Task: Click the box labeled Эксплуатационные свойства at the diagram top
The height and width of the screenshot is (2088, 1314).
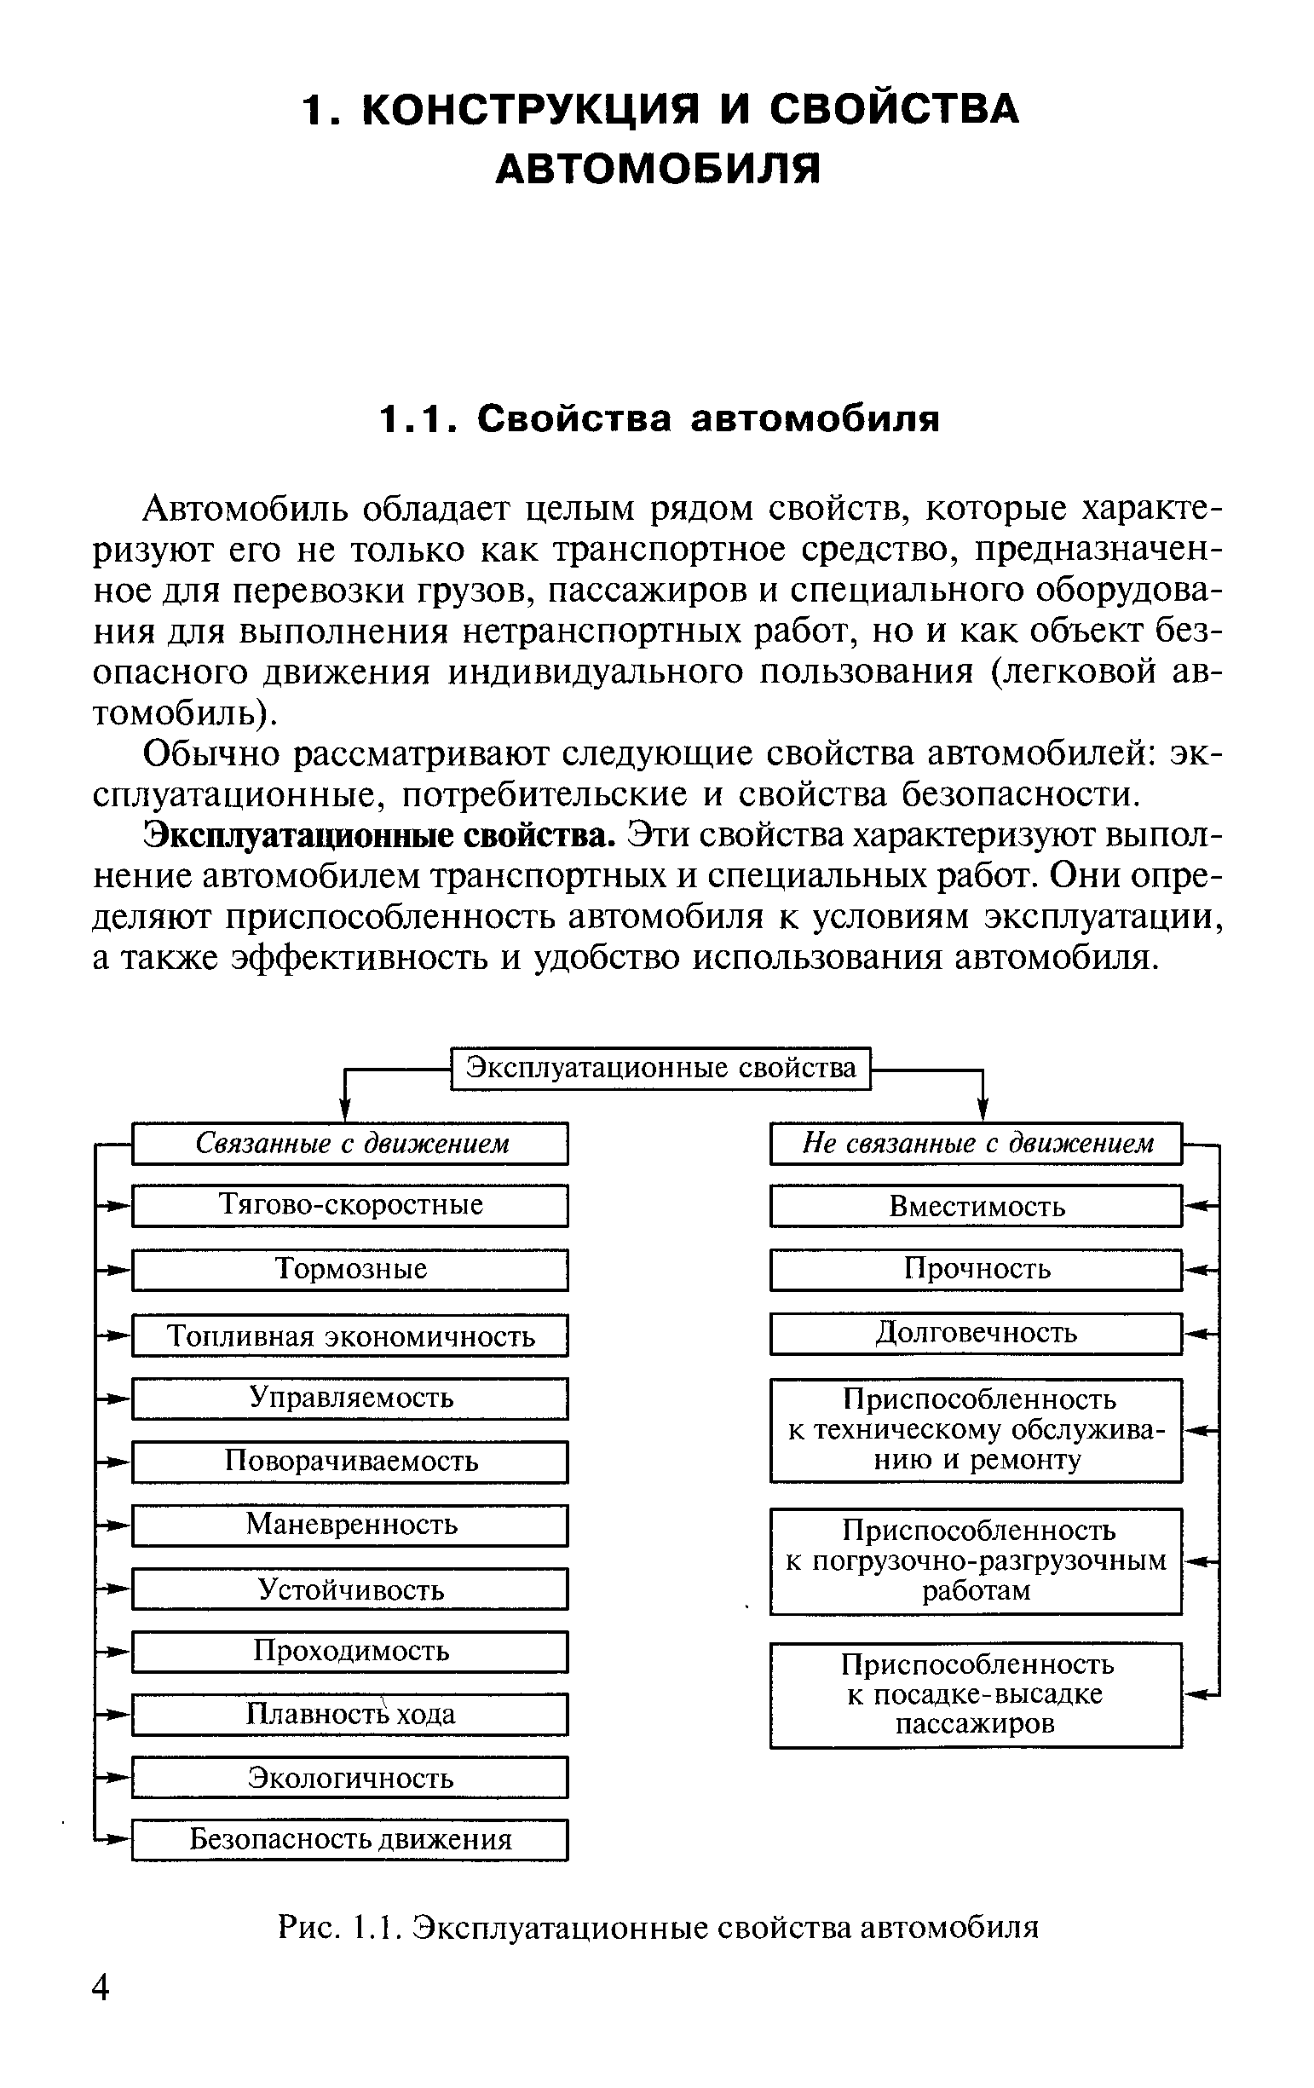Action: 660,1067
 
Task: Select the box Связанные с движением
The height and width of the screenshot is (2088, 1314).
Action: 350,1143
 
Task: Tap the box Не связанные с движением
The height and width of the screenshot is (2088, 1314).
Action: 976,1143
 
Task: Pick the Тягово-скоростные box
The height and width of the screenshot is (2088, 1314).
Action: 350,1205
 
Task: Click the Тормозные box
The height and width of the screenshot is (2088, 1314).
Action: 350,1270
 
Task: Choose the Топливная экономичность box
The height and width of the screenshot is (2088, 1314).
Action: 350,1335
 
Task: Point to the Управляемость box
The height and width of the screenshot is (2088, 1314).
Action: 350,1398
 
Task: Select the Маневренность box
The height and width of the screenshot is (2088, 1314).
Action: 350,1525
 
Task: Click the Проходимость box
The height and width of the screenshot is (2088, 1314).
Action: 350,1650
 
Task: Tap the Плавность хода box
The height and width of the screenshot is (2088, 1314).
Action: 350,1714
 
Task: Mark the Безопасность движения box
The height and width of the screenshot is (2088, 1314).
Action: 350,1839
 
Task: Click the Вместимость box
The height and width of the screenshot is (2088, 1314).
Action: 976,1206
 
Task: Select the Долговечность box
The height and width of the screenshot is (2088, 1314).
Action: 976,1333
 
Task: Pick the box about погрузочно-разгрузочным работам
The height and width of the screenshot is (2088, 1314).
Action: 976,1560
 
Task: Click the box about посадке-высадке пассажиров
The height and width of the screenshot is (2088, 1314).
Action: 976,1694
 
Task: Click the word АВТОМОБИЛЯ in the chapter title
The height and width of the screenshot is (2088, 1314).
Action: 658,168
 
